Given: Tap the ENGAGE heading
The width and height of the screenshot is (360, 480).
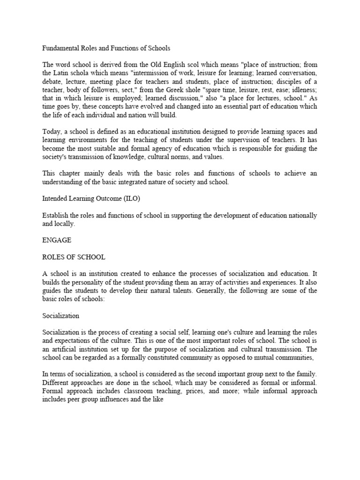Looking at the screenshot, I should pyautogui.click(x=56, y=240).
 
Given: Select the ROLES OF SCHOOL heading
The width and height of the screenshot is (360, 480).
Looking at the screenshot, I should pyautogui.click(x=74, y=257).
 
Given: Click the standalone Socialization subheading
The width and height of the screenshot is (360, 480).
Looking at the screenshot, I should pyautogui.click(x=60, y=316).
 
